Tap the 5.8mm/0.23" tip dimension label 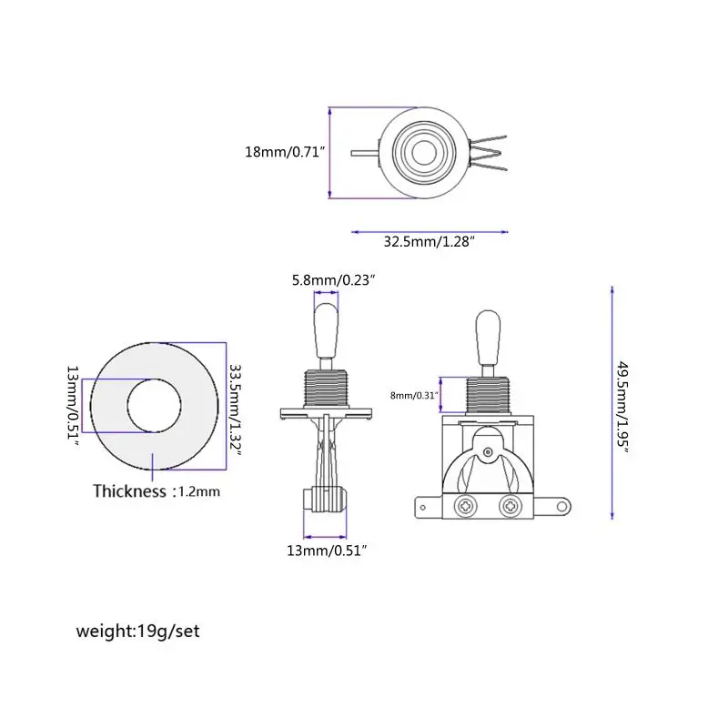coord(334,279)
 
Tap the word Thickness coord(130,491)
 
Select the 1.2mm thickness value coord(199,492)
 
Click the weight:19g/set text coord(136,629)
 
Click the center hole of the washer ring coord(154,405)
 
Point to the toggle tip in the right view coord(488,336)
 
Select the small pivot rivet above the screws coord(490,451)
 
